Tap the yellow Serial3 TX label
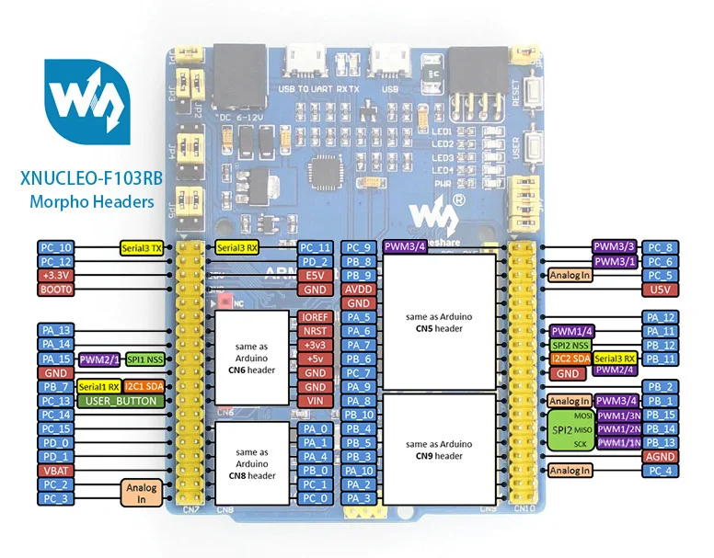pyautogui.click(x=143, y=248)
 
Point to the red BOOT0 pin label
pyautogui.click(x=54, y=289)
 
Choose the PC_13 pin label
pyautogui.click(x=54, y=401)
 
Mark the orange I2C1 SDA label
pyautogui.click(x=144, y=386)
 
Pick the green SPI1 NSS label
pyautogui.click(x=145, y=359)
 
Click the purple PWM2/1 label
pyautogui.click(x=99, y=359)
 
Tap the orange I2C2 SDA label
pyautogui.click(x=570, y=359)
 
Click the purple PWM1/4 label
pyautogui.click(x=570, y=331)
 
